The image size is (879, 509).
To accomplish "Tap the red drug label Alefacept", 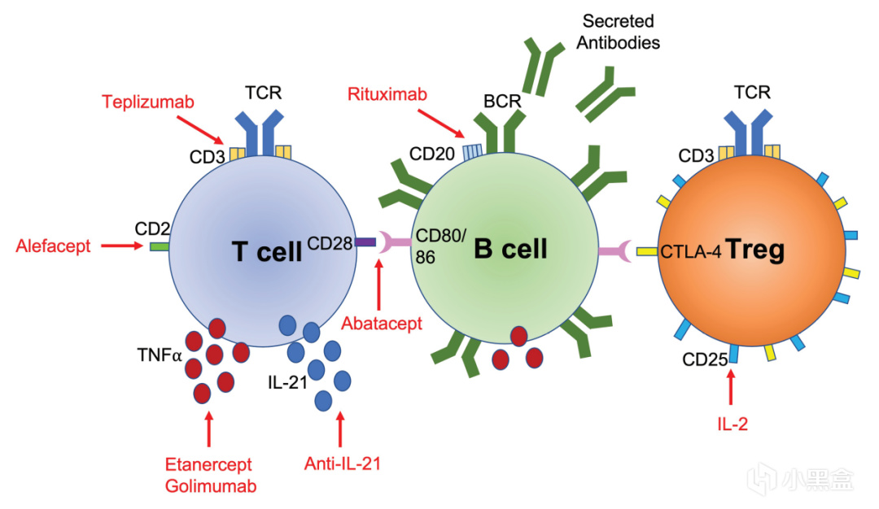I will [x=53, y=246].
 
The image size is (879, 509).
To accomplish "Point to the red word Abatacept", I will [x=382, y=324].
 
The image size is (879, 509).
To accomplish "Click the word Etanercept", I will [x=208, y=465].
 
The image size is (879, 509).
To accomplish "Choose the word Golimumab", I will [x=208, y=485].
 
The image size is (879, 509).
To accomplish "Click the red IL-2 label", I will [x=732, y=424].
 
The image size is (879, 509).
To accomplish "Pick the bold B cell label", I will [x=511, y=249].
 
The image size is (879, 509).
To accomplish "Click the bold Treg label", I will [x=756, y=250].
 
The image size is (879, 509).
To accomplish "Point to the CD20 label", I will [x=432, y=154].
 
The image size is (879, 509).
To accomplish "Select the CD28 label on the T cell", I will [x=328, y=241].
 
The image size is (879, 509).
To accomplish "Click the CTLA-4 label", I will [x=691, y=252].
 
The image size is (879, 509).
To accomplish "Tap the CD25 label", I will [x=704, y=359].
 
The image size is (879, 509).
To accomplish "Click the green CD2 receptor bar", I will [x=160, y=245].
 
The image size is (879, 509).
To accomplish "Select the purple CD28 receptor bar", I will [x=365, y=241].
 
